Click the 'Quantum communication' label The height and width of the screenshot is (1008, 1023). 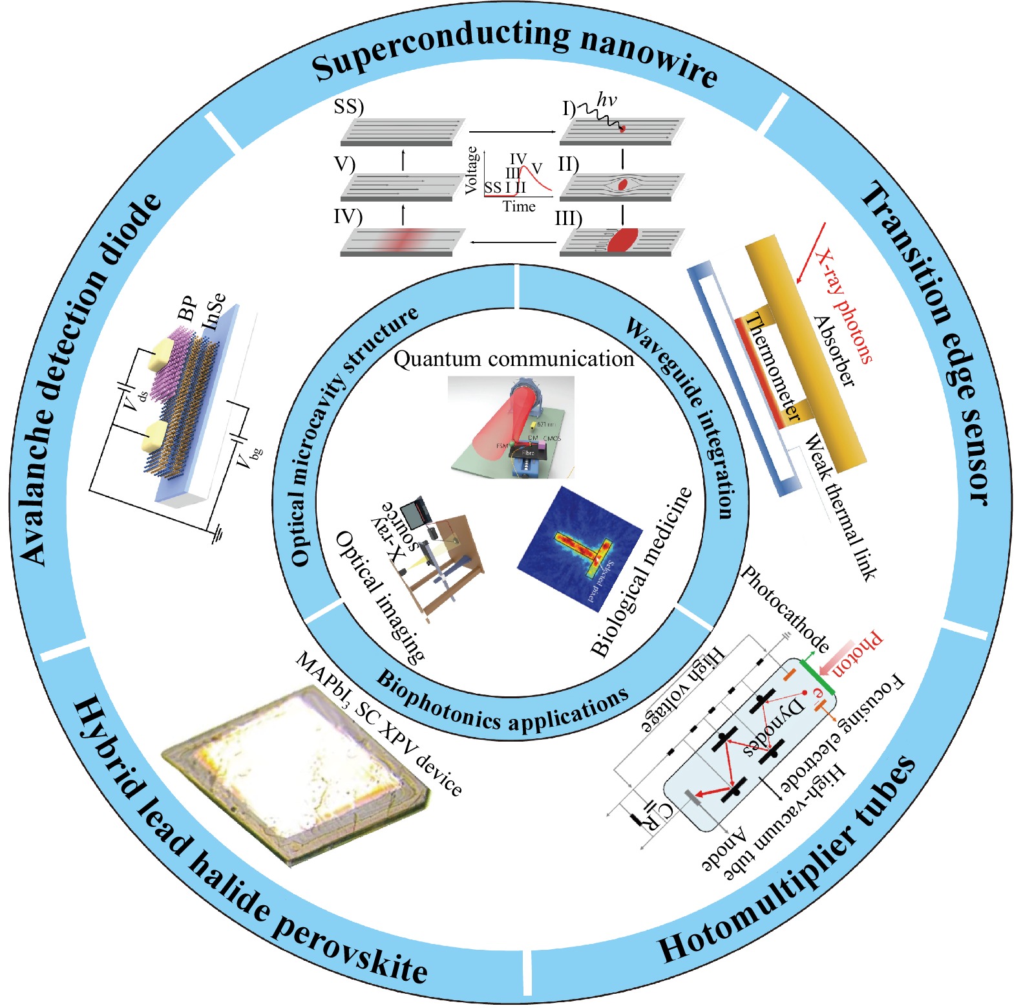point(514,359)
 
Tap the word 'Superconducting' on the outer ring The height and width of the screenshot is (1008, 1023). point(439,47)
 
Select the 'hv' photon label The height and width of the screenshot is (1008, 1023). point(606,100)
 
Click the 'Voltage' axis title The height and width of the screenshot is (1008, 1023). point(472,169)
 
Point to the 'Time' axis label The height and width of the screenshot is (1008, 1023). point(519,207)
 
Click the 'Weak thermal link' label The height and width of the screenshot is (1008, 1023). point(841,508)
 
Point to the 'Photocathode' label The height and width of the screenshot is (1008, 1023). point(785,608)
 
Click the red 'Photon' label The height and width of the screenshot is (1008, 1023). point(857,653)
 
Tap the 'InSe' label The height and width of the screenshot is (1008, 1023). point(214,310)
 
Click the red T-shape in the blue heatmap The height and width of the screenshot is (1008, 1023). point(585,546)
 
